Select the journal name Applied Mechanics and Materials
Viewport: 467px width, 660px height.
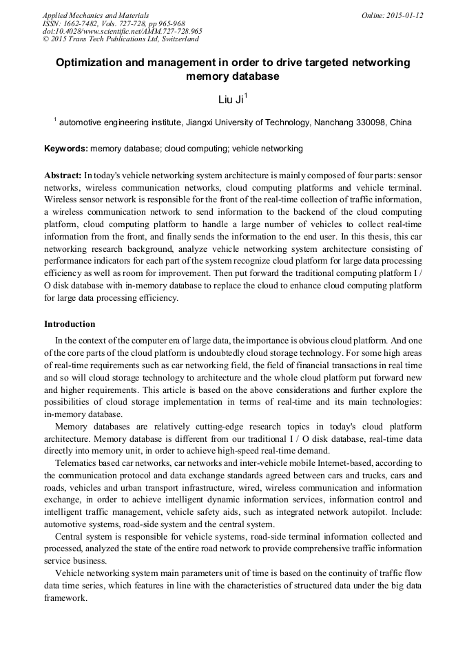(x=96, y=15)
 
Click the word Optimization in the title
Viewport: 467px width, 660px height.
(x=91, y=63)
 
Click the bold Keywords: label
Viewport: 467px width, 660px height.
(x=65, y=148)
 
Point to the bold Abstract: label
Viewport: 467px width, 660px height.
(x=63, y=175)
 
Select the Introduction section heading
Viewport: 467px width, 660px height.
(x=70, y=324)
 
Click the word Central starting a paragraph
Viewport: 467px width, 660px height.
(x=70, y=537)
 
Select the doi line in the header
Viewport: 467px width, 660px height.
(x=123, y=31)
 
